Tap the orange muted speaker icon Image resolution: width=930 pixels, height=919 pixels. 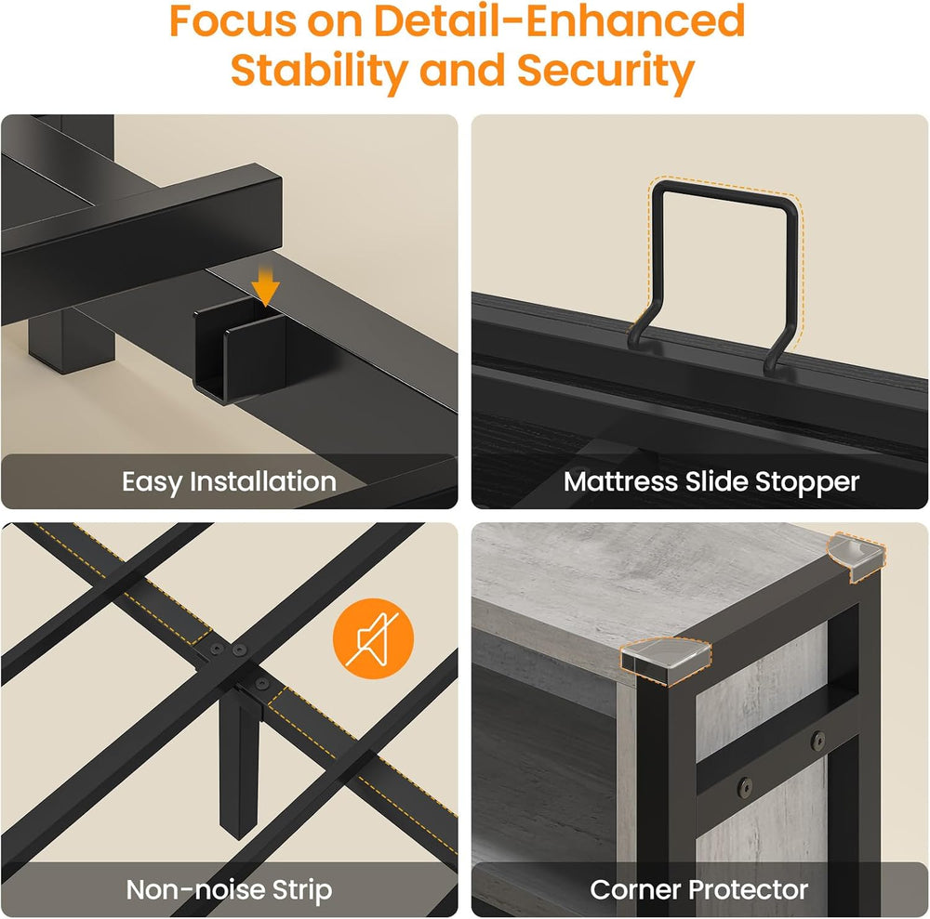373,638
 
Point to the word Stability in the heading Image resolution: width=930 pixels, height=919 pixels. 319,71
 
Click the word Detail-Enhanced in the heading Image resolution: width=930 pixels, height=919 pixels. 559,20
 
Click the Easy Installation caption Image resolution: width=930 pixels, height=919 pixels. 229,481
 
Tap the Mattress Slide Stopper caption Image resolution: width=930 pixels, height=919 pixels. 711,482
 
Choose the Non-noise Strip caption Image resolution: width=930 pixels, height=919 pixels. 229,890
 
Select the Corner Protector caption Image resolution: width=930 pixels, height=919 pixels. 698,890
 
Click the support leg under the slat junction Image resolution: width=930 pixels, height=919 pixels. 240,765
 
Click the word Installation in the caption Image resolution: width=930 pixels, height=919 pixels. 263,481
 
